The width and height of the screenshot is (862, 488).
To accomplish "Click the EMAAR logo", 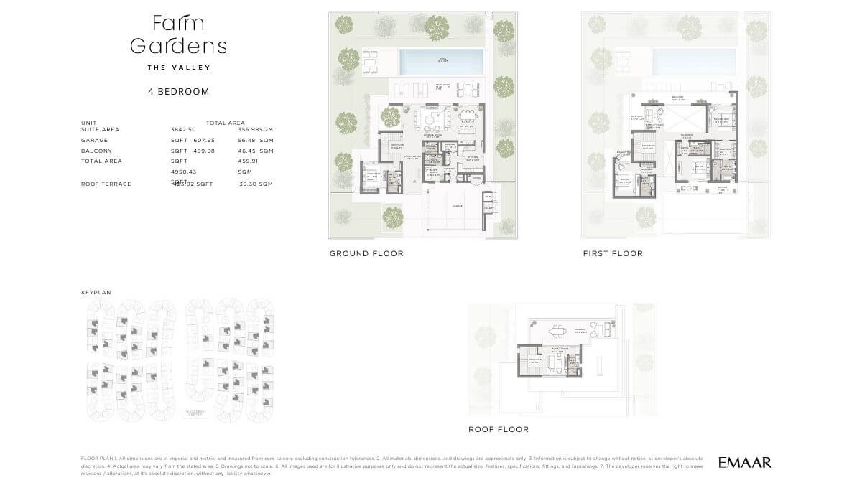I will pos(745,463).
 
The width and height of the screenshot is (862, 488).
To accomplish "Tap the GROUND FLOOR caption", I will pos(366,253).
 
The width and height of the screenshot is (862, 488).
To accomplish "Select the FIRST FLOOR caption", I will pos(613,253).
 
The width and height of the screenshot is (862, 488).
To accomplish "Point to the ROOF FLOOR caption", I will pos(499,429).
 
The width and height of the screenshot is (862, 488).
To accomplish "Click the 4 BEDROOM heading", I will pos(179,92).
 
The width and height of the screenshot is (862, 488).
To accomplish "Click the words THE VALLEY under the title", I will pos(179,67).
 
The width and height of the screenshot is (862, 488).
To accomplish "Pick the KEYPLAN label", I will pos(96,293).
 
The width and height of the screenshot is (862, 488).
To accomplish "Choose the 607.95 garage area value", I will pos(205,141).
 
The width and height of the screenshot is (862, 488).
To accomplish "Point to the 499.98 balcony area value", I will pos(205,151).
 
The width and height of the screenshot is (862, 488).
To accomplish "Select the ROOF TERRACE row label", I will pos(106,184).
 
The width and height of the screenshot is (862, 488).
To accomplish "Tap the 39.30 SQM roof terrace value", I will pos(256,184).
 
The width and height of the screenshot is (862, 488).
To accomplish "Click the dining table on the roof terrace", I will pos(557,331).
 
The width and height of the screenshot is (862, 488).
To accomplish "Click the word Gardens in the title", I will pos(179,46).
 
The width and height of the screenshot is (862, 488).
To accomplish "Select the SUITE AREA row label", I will pos(101,129).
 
